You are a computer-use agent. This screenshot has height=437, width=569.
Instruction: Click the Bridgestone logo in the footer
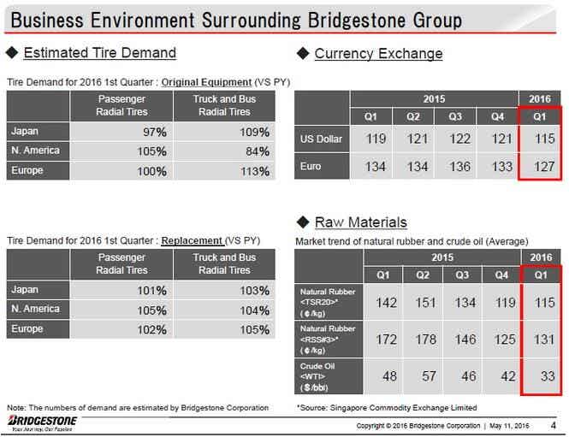click(42, 422)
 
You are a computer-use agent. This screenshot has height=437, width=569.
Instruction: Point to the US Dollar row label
click(321, 139)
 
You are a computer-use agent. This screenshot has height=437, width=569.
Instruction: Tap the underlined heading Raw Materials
click(361, 222)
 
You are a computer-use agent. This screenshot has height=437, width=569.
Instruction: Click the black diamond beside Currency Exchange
click(303, 53)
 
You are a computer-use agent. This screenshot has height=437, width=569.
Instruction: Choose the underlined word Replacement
click(192, 241)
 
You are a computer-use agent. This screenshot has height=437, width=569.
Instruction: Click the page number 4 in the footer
click(553, 425)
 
